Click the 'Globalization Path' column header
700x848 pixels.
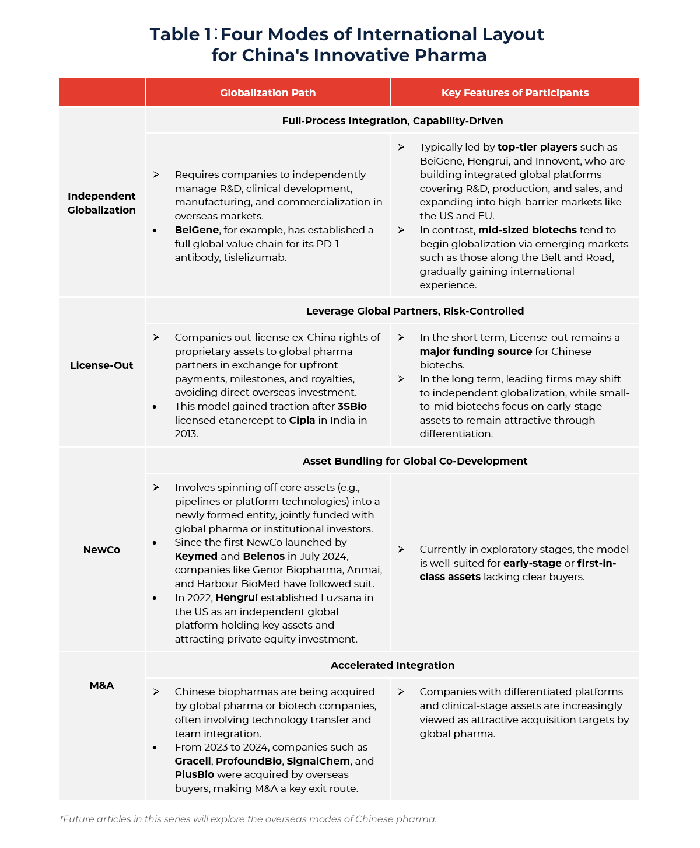tap(268, 93)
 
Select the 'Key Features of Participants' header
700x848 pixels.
tap(514, 93)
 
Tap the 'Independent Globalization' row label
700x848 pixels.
tap(101, 203)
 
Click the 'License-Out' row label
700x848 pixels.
tap(101, 365)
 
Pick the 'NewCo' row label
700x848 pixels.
tap(101, 550)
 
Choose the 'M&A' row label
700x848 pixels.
tap(101, 685)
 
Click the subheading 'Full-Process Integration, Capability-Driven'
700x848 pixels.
tap(392, 121)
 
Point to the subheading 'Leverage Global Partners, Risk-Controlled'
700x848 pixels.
tap(415, 311)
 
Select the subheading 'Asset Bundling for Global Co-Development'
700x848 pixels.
tap(415, 461)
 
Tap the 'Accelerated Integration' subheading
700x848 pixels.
tap(392, 665)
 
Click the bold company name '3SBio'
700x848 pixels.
tap(352, 406)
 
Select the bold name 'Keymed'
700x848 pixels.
tap(196, 556)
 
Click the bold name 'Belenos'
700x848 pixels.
tap(264, 556)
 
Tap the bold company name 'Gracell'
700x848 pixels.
tap(192, 761)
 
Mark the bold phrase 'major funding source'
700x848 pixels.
tap(475, 351)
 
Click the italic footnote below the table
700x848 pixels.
tap(248, 819)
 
